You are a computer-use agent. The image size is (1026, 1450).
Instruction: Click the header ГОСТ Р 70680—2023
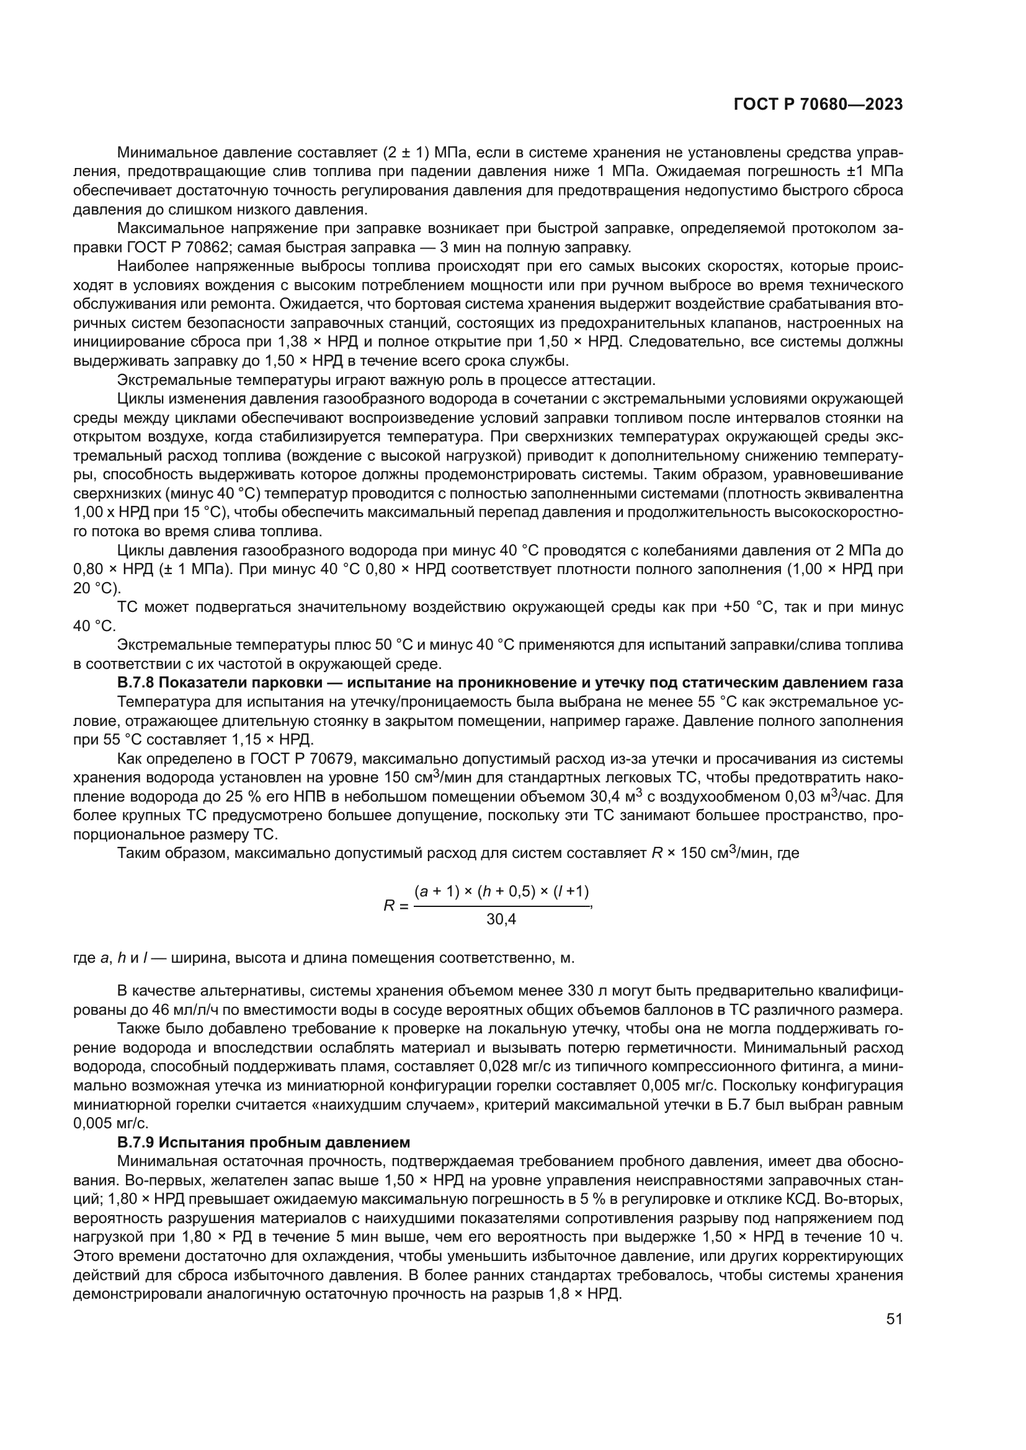[818, 105]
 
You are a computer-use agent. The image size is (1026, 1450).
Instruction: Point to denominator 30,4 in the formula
[501, 919]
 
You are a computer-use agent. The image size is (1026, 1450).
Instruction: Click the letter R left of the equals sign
[388, 906]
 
